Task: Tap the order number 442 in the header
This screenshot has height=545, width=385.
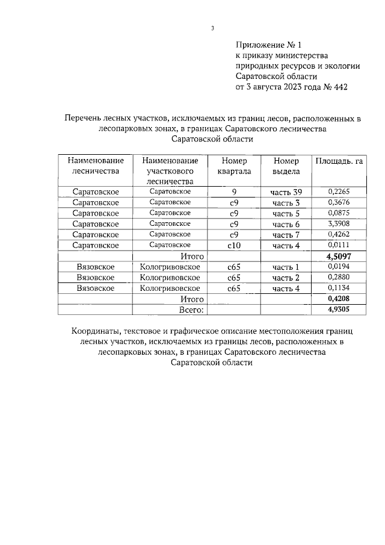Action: point(338,87)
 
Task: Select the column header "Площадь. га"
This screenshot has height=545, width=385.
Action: point(339,161)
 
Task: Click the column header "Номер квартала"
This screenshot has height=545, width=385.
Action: point(234,166)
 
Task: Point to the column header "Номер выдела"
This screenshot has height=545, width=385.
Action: point(286,166)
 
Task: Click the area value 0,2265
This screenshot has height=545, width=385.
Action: point(339,192)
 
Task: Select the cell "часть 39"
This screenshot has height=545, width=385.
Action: point(286,192)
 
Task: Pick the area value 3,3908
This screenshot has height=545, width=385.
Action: point(339,223)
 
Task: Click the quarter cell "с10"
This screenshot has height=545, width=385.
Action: point(234,245)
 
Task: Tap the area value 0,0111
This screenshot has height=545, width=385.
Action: point(339,244)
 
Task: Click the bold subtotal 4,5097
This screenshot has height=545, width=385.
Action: point(339,256)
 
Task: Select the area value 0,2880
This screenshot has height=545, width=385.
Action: point(339,277)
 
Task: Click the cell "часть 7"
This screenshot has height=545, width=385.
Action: point(286,234)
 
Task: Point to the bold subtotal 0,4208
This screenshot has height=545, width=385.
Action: point(339,299)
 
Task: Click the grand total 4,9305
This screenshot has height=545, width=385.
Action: point(339,309)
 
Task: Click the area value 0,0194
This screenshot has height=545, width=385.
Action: point(339,266)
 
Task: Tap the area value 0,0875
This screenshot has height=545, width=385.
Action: point(339,213)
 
